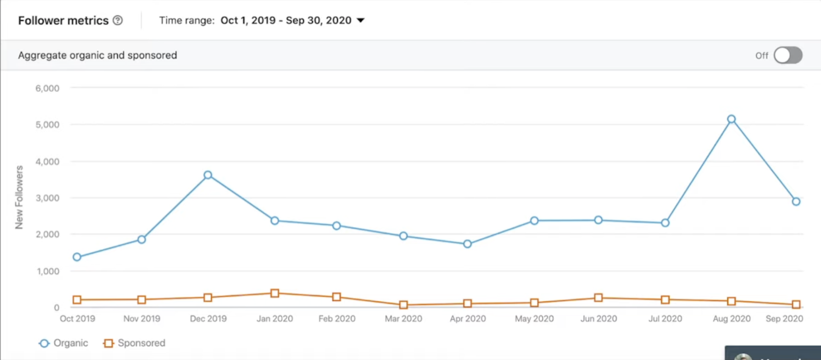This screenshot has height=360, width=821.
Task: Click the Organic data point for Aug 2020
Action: [x=731, y=119]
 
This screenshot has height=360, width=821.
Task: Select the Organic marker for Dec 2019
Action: [x=208, y=175]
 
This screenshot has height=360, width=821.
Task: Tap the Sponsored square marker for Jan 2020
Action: [x=275, y=293]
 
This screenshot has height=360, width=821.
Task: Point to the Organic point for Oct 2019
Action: [x=77, y=257]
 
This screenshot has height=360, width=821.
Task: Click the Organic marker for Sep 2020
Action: [x=796, y=202]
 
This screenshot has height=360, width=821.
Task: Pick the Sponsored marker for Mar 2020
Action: [x=403, y=305]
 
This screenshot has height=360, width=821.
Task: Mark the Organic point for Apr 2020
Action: [x=467, y=244]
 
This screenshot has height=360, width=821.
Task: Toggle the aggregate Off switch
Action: [x=788, y=55]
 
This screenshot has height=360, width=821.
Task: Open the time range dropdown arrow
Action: [x=361, y=21]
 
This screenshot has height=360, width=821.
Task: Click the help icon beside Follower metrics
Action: [x=118, y=21]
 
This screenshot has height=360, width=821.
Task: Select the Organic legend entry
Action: [x=64, y=343]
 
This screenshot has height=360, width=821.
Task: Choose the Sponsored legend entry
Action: [x=134, y=343]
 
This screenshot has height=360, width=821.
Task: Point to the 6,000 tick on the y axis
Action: [x=47, y=88]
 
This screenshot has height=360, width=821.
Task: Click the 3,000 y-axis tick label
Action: [x=47, y=198]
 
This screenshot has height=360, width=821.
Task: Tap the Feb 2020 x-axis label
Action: [x=337, y=318]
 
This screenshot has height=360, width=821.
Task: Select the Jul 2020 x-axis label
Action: [x=665, y=318]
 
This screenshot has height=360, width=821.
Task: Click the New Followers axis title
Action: [x=19, y=197]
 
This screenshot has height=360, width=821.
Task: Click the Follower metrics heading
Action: [x=63, y=21]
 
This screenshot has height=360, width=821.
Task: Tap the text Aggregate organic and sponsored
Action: [x=97, y=55]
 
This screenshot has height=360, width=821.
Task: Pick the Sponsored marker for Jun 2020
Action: [x=598, y=298]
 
